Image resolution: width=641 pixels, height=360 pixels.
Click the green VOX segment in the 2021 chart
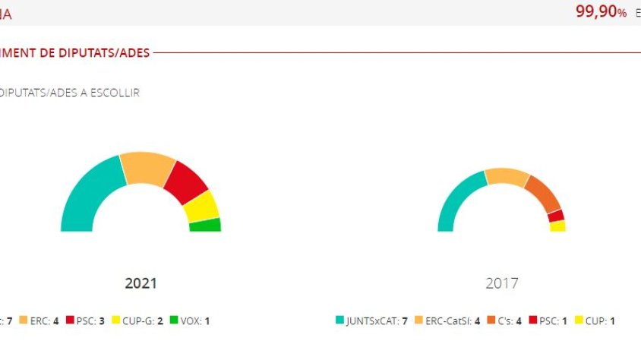[x=205, y=225]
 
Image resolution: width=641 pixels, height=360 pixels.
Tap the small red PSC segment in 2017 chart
[x=556, y=215]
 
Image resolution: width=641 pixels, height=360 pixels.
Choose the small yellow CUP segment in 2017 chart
[x=558, y=226]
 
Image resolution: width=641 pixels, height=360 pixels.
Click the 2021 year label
[x=141, y=283]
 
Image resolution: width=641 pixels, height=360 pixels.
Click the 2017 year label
[x=502, y=283]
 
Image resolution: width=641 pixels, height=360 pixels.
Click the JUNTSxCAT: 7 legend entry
[x=371, y=321]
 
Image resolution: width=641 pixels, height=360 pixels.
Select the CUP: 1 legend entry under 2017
[x=595, y=321]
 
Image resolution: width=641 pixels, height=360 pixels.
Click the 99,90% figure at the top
[x=601, y=11]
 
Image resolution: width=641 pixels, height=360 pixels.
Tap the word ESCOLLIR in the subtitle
[x=114, y=93]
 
